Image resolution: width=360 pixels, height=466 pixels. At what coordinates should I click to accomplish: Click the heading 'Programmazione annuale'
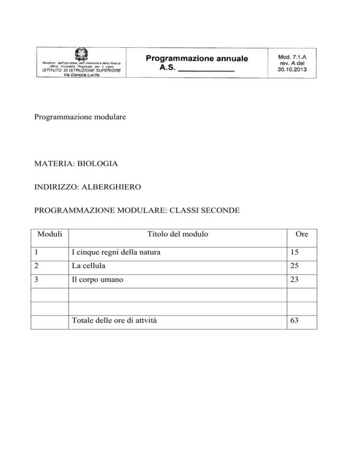tap(196, 59)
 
